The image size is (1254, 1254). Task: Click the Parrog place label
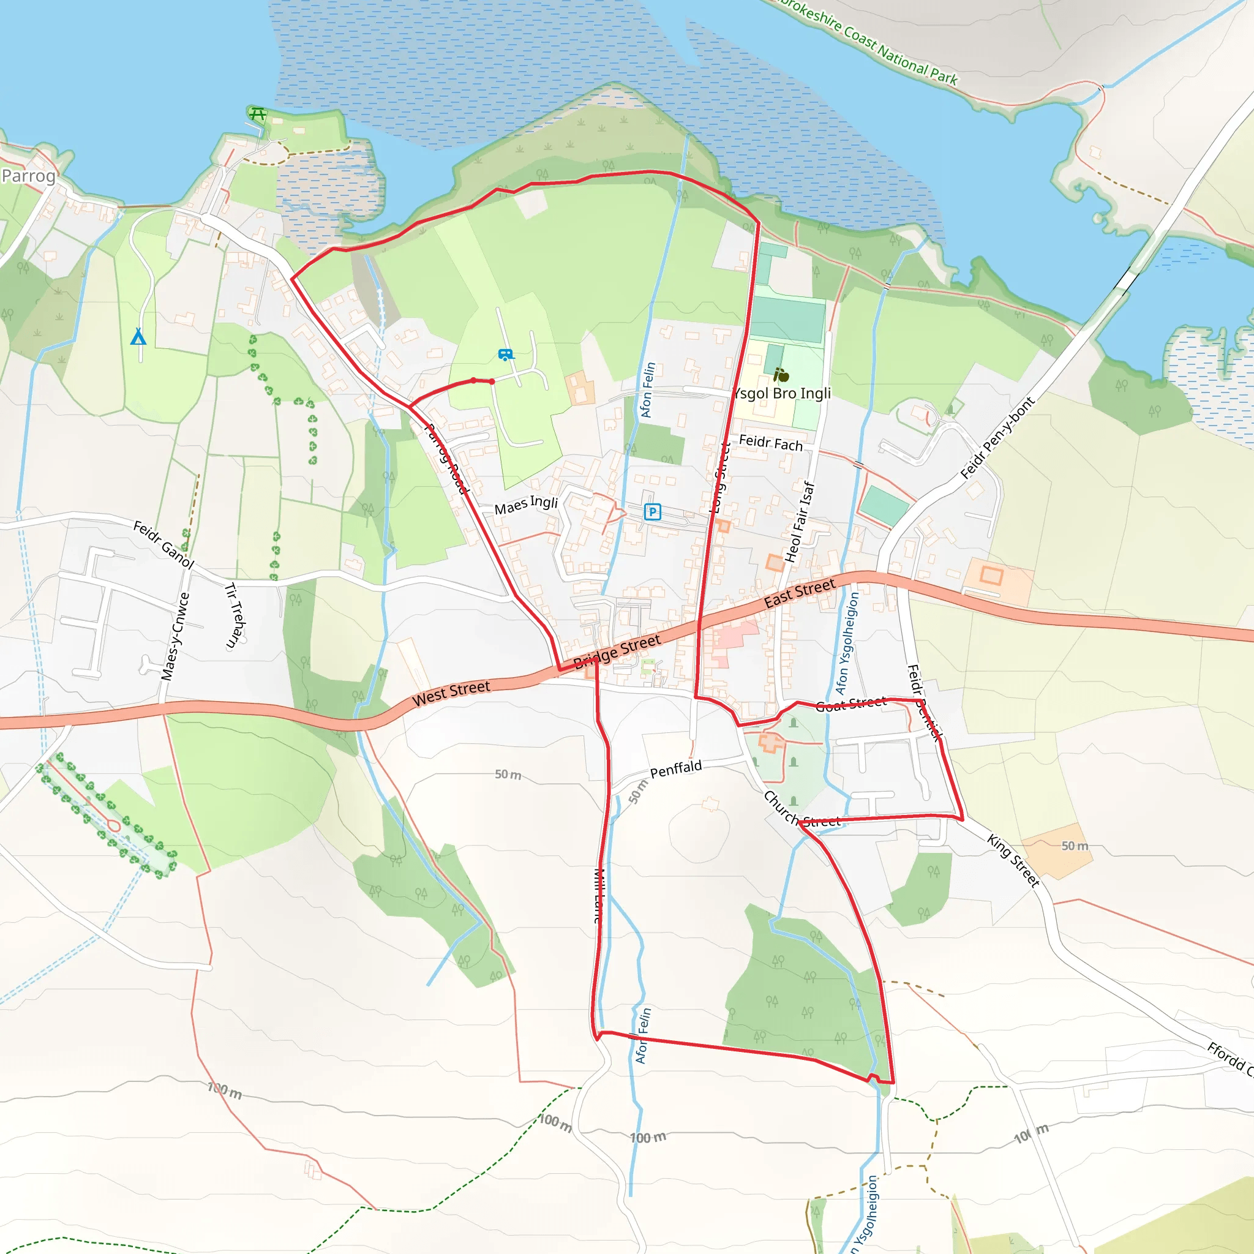pyautogui.click(x=29, y=176)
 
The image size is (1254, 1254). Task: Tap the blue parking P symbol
pyautogui.click(x=652, y=512)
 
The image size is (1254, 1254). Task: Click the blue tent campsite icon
pyautogui.click(x=138, y=336)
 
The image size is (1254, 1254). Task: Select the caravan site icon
pyautogui.click(x=506, y=355)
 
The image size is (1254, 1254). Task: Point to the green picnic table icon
pyautogui.click(x=258, y=115)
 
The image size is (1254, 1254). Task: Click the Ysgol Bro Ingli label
pyautogui.click(x=782, y=393)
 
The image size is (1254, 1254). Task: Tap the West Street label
pyautogui.click(x=451, y=693)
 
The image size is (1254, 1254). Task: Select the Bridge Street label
pyautogui.click(x=617, y=651)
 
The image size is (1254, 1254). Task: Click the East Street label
pyautogui.click(x=800, y=593)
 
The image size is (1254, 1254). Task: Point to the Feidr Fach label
pyautogui.click(x=770, y=443)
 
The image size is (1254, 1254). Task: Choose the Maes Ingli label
pyautogui.click(x=526, y=505)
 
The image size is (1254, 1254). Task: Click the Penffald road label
pyautogui.click(x=676, y=769)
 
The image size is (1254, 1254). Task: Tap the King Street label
pyautogui.click(x=1013, y=860)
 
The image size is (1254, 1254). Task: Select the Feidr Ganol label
pyautogui.click(x=163, y=544)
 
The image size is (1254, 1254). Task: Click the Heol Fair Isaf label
pyautogui.click(x=800, y=522)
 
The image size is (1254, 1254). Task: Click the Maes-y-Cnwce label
pyautogui.click(x=175, y=637)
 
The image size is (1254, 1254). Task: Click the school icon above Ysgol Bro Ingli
pyautogui.click(x=781, y=375)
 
